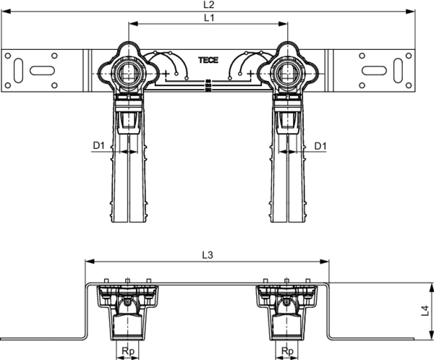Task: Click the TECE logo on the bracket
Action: pyautogui.click(x=208, y=60)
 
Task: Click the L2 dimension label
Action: pyautogui.click(x=209, y=5)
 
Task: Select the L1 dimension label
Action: pyautogui.click(x=209, y=18)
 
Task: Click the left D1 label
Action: pyautogui.click(x=98, y=145)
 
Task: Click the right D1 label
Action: pyautogui.click(x=320, y=145)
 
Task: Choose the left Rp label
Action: pyautogui.click(x=128, y=351)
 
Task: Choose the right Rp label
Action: pyautogui.click(x=287, y=351)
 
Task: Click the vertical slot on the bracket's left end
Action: pyautogui.click(x=18, y=70)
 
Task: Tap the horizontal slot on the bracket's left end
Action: pyautogui.click(x=42, y=70)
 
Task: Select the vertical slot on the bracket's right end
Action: pyautogui.click(x=398, y=70)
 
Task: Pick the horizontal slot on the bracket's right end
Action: pyautogui.click(x=374, y=70)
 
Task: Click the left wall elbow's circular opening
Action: pyautogui.click(x=129, y=73)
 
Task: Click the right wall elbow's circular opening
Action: pyautogui.click(x=288, y=73)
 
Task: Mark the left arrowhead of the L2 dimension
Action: pyautogui.click(x=6, y=12)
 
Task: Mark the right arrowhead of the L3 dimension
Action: pyautogui.click(x=324, y=262)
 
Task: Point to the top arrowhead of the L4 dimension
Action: pyautogui.click(x=431, y=288)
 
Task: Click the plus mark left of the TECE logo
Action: pyautogui.click(x=166, y=74)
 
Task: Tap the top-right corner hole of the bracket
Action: pyautogui.click(x=409, y=56)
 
